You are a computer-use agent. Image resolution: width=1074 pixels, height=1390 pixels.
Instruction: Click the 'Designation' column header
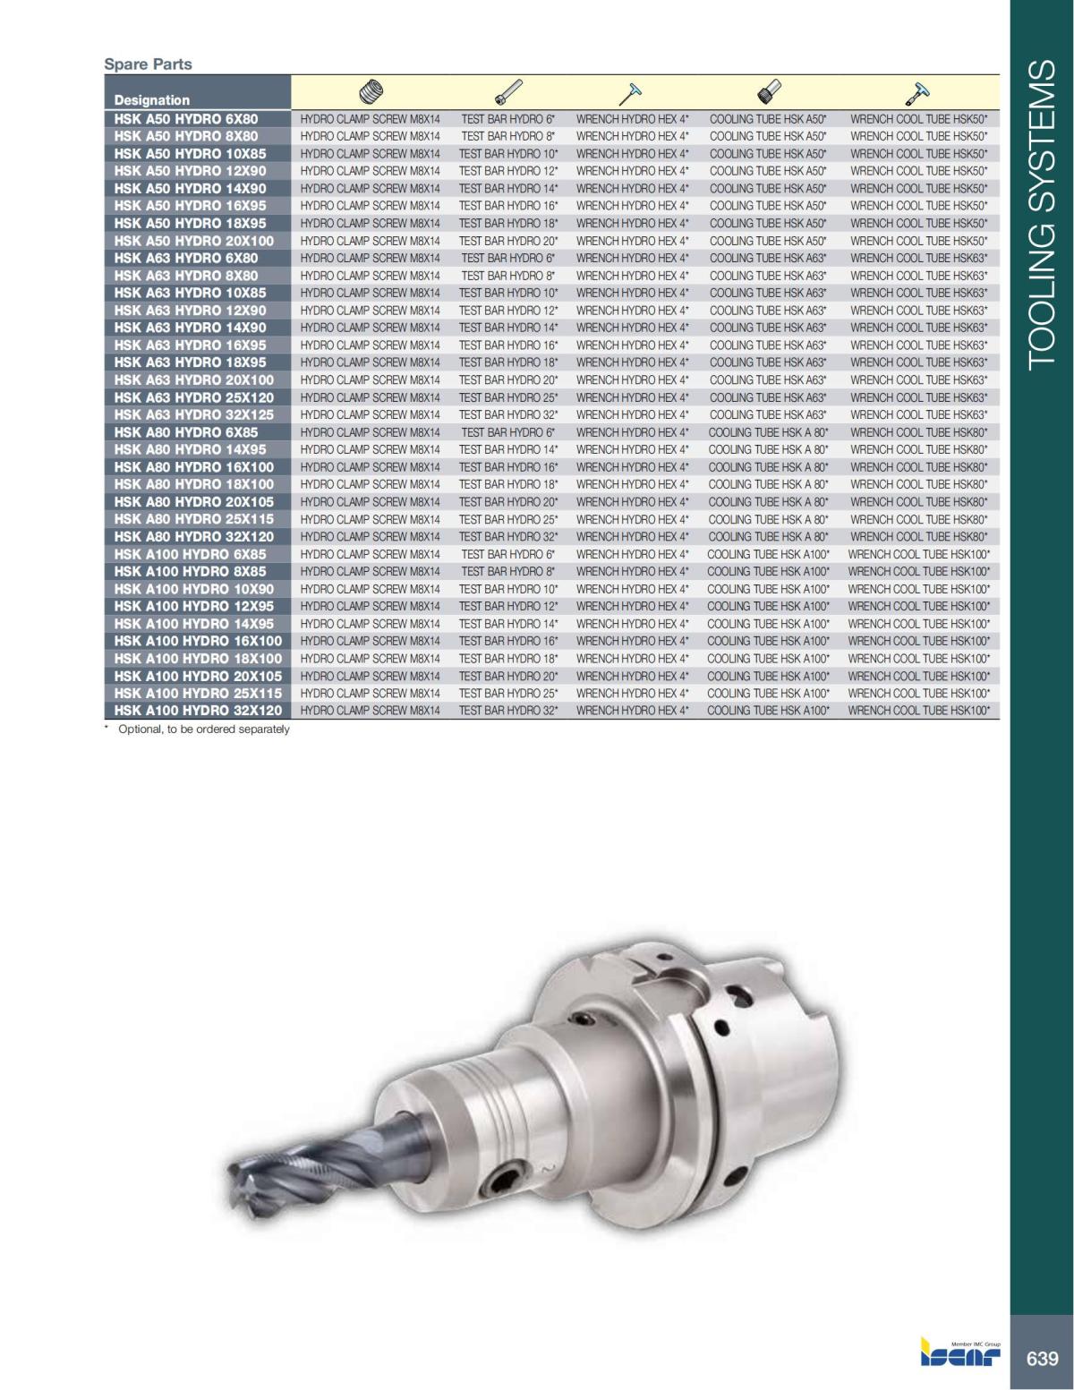152,100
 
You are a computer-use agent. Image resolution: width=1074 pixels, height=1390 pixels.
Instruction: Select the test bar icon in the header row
508,91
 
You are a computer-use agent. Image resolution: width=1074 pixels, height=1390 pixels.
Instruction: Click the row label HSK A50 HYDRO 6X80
186,118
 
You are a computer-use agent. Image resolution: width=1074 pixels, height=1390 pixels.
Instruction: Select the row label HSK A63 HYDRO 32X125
194,414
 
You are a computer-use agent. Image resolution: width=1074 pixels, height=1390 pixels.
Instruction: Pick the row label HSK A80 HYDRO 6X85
186,432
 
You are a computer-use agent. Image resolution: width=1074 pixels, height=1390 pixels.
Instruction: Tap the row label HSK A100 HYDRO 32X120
198,711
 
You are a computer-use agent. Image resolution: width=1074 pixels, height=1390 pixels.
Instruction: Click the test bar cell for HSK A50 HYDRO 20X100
508,241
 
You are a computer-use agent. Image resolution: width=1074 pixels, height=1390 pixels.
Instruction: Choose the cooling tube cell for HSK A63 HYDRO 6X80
768,258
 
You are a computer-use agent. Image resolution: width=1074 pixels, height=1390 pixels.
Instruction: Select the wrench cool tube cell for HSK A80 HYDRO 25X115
918,519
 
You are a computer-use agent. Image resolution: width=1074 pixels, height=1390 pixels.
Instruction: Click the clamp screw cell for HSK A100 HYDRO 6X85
370,554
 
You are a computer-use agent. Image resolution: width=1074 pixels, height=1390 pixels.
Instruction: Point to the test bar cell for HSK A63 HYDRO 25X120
508,397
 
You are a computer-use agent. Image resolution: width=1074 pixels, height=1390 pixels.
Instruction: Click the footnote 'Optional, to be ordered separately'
203,729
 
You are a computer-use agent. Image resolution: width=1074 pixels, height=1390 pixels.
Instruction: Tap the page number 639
1042,1358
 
